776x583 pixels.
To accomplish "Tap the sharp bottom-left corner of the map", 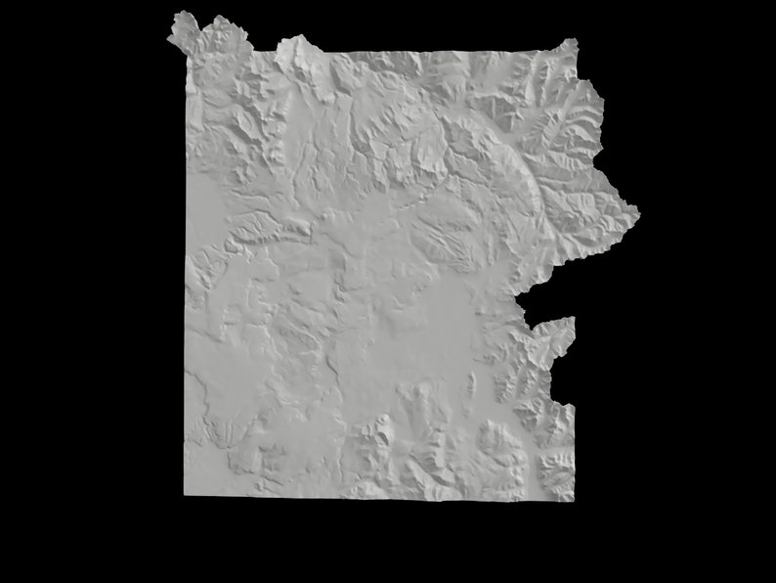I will (187, 495).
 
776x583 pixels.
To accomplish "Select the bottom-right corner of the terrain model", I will (572, 500).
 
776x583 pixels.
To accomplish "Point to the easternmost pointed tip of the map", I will (638, 209).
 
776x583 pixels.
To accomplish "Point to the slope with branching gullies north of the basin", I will (445, 235).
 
